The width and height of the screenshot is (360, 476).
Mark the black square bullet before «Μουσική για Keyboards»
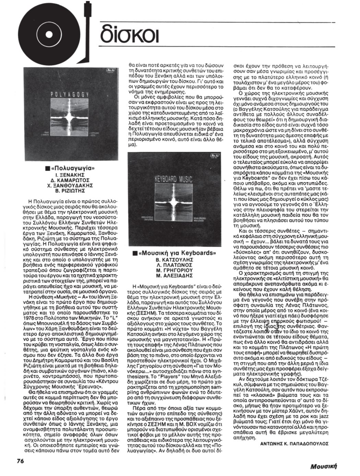(135, 254)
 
